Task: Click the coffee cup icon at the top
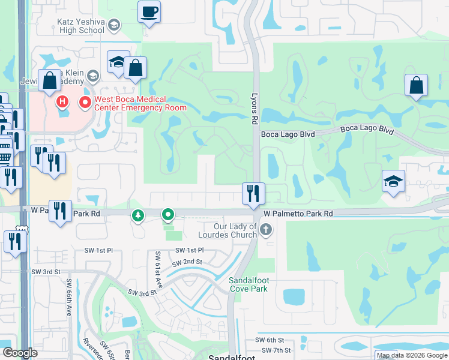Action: click(149, 11)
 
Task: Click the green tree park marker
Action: click(139, 215)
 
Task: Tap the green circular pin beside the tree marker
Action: click(169, 214)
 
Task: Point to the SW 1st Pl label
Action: click(190, 250)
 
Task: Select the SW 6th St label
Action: click(268, 340)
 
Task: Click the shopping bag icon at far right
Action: click(416, 86)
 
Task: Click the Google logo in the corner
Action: click(20, 353)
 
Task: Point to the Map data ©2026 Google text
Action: click(411, 355)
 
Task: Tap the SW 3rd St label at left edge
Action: click(46, 272)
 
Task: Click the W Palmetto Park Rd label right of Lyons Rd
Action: click(298, 214)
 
